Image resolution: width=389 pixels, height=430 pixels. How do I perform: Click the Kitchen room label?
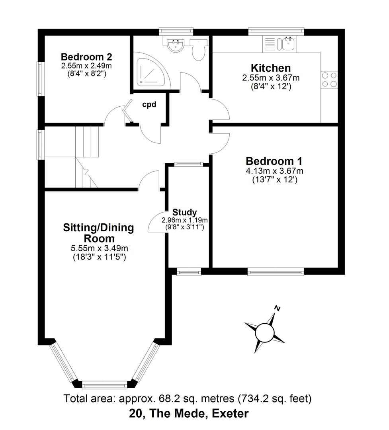click(x=270, y=68)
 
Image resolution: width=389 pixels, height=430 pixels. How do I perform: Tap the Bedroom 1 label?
click(x=274, y=161)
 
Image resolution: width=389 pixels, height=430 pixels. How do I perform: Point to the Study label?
click(x=184, y=212)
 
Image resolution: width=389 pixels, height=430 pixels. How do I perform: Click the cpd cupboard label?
click(x=149, y=105)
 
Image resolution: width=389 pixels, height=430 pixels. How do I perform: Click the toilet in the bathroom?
click(x=198, y=49)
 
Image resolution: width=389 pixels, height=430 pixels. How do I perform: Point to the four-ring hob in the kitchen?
click(x=329, y=79)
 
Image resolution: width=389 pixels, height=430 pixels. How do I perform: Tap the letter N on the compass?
click(x=278, y=308)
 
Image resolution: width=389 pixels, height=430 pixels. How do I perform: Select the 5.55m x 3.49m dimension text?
click(x=100, y=248)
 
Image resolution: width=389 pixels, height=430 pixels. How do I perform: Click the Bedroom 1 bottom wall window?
click(x=275, y=272)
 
